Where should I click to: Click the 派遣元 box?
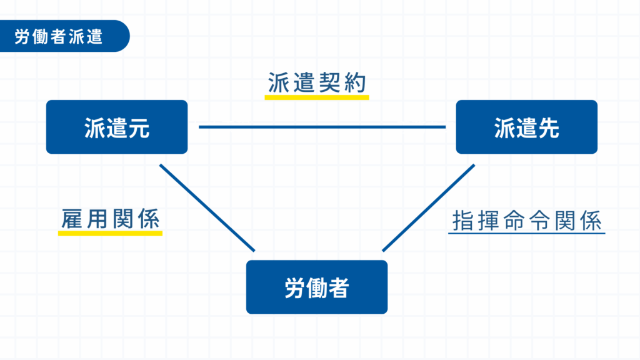tap(117, 127)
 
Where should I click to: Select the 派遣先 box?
tap(526, 127)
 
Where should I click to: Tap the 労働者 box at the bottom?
tap(317, 287)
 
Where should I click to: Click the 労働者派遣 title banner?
tap(64, 36)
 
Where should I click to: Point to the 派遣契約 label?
tap(317, 83)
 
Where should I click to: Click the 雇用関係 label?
tap(110, 219)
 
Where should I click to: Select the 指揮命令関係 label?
tap(527, 221)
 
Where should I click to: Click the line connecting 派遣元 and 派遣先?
tap(322, 127)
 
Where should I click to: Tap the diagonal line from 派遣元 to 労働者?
tap(207, 207)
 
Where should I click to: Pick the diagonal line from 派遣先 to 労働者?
tap(429, 207)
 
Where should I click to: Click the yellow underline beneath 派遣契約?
tap(317, 97)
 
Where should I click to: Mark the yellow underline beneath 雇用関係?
tap(110, 234)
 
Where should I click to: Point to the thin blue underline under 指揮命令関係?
tap(526, 233)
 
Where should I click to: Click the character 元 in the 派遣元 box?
tap(139, 127)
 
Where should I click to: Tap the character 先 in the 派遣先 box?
tap(549, 127)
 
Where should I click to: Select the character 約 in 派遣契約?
tap(355, 83)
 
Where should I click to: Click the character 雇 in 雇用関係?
tap(72, 219)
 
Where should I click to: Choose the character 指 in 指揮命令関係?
tap(463, 221)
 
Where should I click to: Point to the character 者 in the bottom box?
tap(339, 287)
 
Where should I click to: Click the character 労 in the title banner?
tap(22, 36)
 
